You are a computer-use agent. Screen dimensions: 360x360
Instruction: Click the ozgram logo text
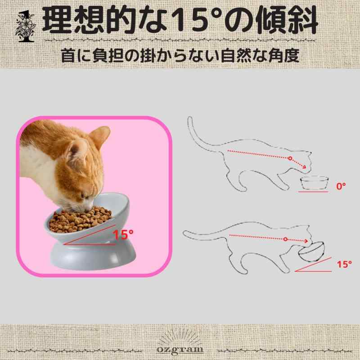(x=180, y=349)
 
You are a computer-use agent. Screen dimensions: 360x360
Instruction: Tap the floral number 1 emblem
(x=26, y=27)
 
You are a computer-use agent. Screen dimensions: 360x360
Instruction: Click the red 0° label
(x=341, y=186)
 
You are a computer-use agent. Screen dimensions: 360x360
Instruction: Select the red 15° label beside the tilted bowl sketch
(x=344, y=264)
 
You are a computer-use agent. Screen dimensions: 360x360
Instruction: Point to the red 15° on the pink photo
(x=123, y=234)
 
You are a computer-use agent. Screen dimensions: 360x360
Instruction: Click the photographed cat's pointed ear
(x=100, y=136)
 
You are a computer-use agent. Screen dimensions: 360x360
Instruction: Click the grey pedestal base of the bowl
(x=93, y=256)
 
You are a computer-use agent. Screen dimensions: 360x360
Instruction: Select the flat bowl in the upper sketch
(x=315, y=183)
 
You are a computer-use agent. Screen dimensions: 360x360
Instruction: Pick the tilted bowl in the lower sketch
(x=311, y=252)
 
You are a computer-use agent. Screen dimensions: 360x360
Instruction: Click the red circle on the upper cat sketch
(x=290, y=158)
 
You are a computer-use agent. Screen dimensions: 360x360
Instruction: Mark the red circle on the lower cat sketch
(x=285, y=239)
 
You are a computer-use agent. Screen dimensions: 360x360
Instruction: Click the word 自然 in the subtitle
(x=237, y=55)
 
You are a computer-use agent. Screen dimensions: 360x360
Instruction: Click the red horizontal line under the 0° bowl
(x=313, y=192)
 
